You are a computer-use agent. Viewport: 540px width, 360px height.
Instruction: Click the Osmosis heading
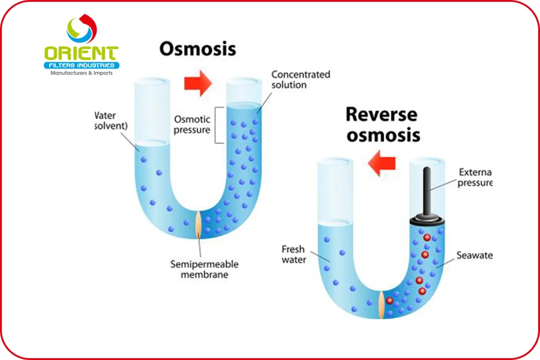click(197, 49)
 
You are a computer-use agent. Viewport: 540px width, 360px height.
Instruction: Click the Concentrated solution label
click(300, 79)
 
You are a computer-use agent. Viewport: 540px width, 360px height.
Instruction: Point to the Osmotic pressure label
click(192, 124)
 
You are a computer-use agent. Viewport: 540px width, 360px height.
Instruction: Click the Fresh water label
click(294, 254)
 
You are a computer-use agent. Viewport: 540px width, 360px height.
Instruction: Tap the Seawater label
click(474, 255)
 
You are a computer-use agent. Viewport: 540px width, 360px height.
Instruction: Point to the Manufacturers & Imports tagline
click(81, 73)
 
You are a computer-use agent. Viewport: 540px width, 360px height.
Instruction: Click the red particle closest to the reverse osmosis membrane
click(389, 300)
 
